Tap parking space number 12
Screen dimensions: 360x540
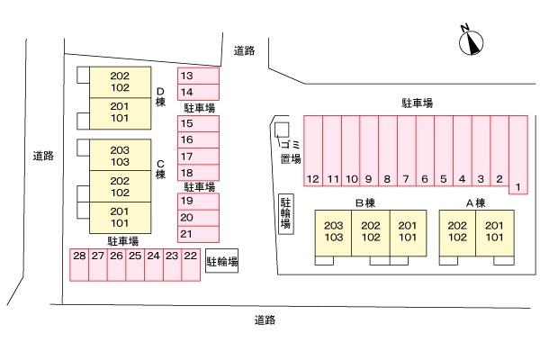pos(312,179)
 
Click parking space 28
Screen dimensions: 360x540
pos(78,256)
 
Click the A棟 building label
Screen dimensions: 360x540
pos(475,202)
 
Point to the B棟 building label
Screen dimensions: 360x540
pos(364,202)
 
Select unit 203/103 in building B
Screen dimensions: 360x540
pos(333,231)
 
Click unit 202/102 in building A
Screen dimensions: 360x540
pos(456,231)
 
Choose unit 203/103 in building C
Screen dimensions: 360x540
pos(120,156)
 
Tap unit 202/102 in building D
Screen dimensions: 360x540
pos(120,82)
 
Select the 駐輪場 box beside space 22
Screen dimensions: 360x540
pos(222,262)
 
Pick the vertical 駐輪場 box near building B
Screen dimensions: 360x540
pos(285,212)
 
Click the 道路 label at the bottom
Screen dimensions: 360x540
pos(264,319)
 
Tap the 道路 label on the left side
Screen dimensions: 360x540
pos(42,156)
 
